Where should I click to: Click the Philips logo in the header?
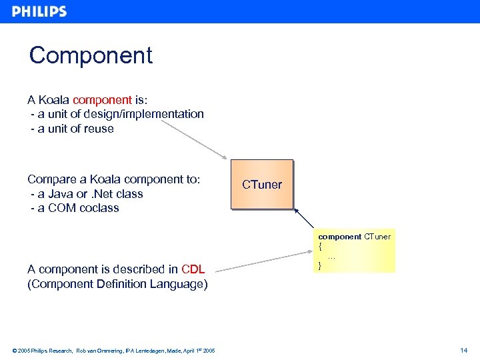[x=39, y=11]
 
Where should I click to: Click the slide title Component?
[x=91, y=55]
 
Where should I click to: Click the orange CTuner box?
[x=262, y=185]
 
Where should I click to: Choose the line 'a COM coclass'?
[x=75, y=208]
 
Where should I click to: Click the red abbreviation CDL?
[x=193, y=269]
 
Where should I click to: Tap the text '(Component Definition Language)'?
[x=117, y=284]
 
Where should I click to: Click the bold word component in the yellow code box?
[x=339, y=237]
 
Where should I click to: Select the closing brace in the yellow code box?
[x=320, y=265]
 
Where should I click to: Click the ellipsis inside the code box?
[x=331, y=256]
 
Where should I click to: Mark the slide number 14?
[x=464, y=350]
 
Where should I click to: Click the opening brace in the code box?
[x=320, y=246]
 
